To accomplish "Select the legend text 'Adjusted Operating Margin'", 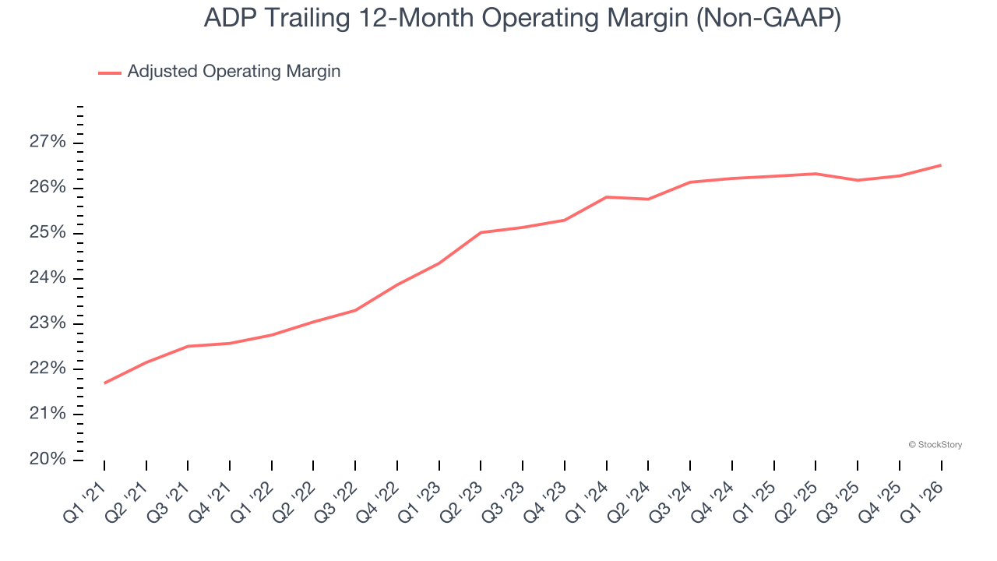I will coord(234,72).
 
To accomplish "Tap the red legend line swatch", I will coord(110,72).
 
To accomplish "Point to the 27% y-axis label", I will coord(48,143).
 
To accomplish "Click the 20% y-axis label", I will coord(48,459).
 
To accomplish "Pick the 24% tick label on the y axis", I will coord(48,278).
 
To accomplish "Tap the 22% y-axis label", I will coord(48,369).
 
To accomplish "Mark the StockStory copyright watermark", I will coord(935,445).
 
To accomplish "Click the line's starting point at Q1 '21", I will coord(104,383).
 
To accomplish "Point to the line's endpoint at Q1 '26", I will coord(941,165).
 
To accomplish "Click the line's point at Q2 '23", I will coord(481,232).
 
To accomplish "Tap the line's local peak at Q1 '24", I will coord(607,197).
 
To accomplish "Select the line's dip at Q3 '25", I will coord(858,180).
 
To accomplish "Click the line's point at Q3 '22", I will coord(355,310).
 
